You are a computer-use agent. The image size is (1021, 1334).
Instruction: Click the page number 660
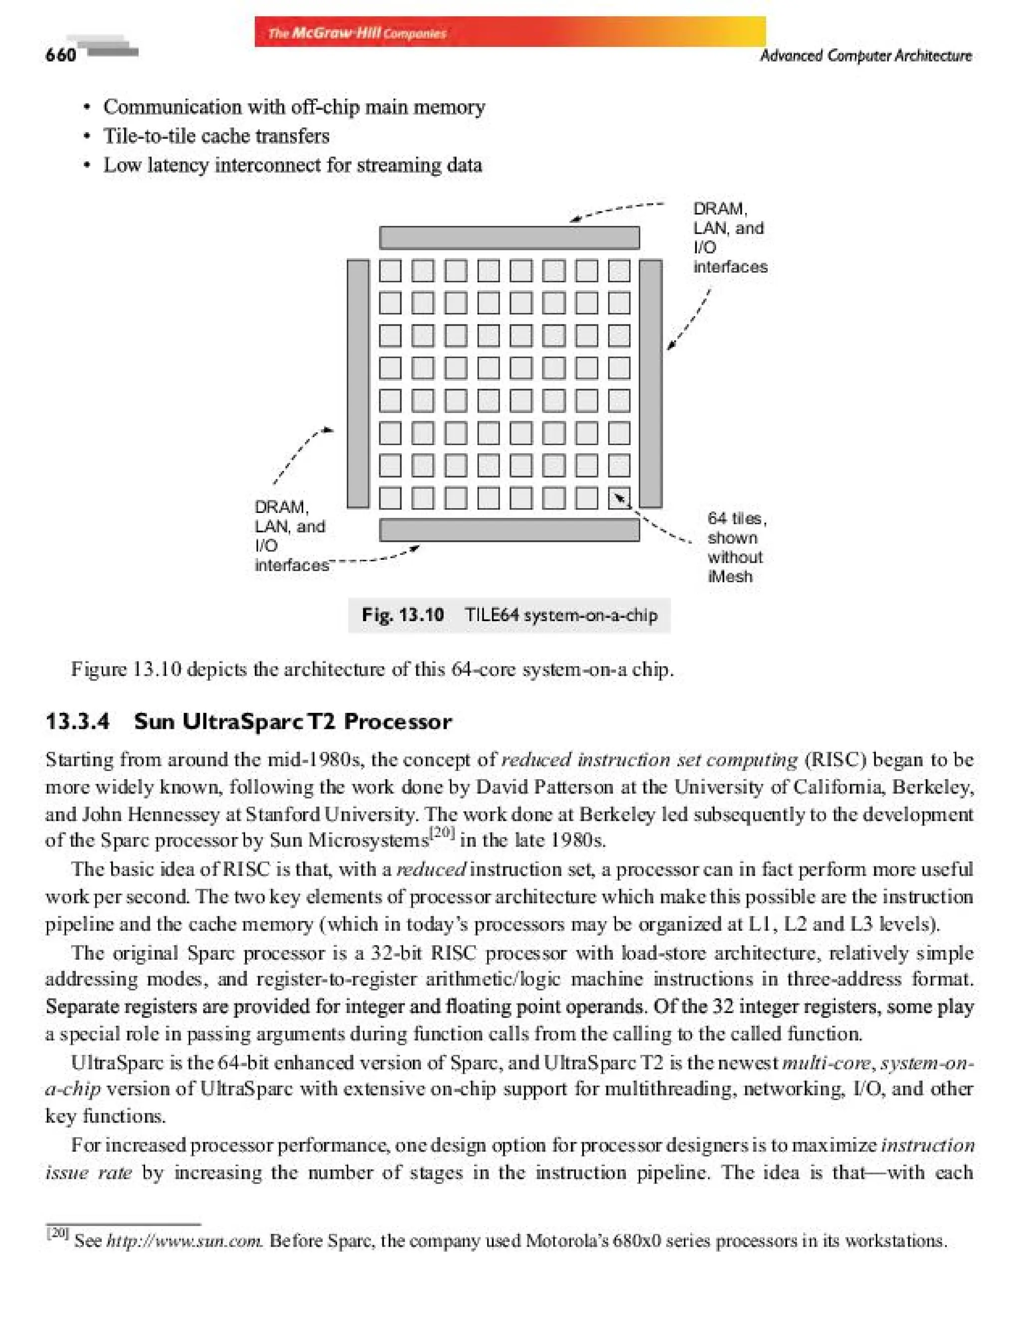coord(61,55)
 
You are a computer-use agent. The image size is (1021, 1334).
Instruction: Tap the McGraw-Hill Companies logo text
coord(357,33)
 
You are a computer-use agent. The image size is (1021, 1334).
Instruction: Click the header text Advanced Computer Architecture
coord(865,56)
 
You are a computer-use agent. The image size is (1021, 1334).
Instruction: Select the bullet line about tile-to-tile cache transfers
coord(216,136)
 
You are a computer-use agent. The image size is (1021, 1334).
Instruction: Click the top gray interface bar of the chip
coord(510,238)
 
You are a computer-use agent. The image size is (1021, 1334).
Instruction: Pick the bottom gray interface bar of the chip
coord(510,530)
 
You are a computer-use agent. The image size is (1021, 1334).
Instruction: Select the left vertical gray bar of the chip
coord(358,383)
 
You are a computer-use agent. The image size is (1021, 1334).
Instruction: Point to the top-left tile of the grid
coord(390,271)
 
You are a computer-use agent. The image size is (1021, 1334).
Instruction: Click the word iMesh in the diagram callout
coord(730,576)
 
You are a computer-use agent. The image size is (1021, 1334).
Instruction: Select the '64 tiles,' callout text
coord(736,518)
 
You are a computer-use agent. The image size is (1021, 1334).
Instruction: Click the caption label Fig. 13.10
coord(402,615)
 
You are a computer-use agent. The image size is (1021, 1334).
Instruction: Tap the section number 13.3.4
coord(78,721)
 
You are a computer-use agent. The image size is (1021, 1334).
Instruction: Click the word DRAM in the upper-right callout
coord(719,209)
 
